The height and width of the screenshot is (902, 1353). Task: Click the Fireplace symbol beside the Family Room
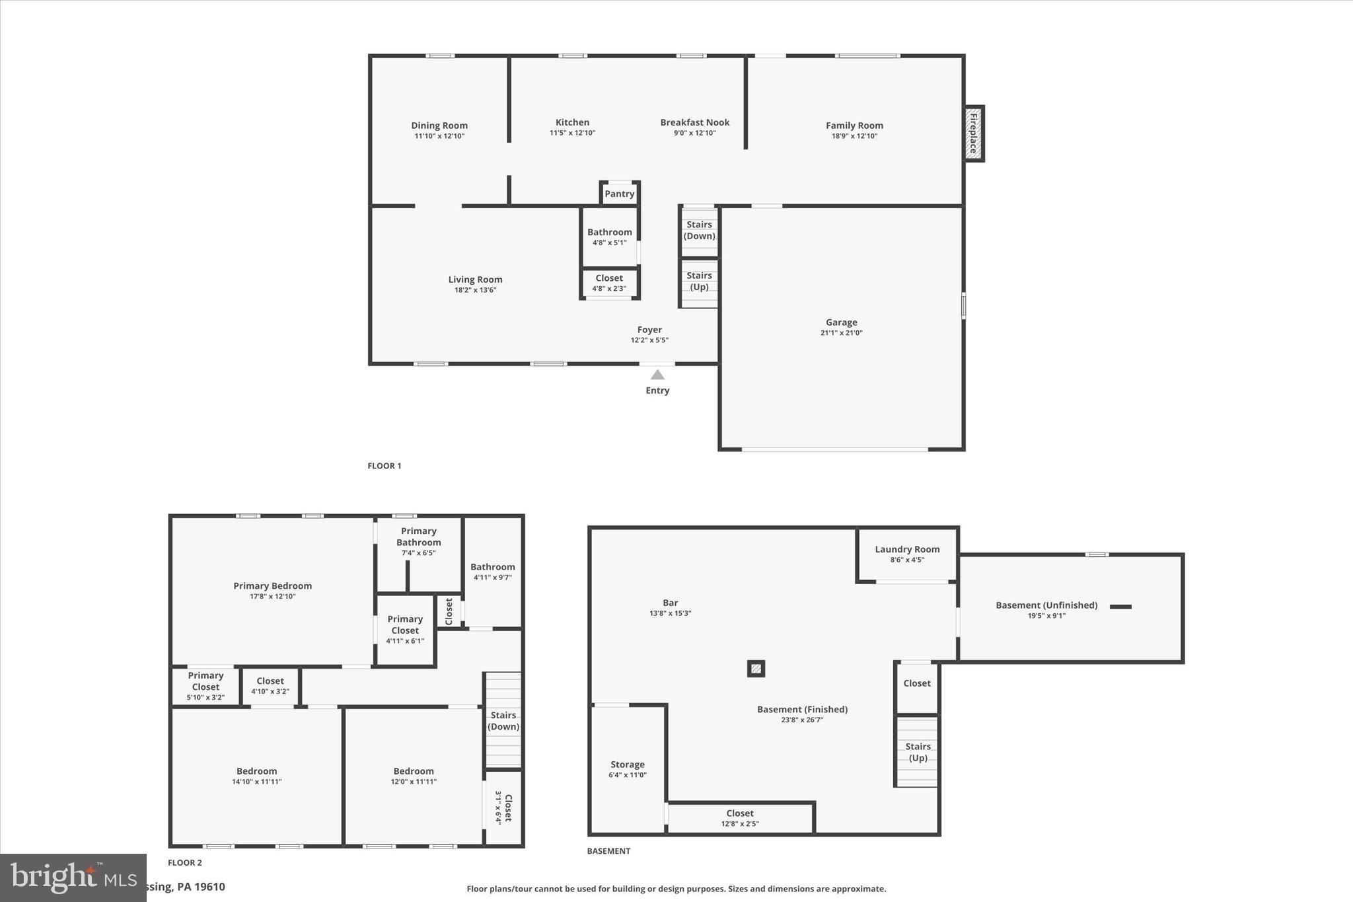(973, 133)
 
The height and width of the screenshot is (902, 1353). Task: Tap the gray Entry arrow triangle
(657, 375)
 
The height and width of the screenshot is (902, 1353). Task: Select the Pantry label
(619, 194)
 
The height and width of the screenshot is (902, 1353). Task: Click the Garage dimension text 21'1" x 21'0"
(841, 333)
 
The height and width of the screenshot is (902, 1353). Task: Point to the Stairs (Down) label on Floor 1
(699, 230)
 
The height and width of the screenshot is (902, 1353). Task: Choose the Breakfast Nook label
(694, 122)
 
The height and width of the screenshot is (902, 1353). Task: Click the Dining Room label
(439, 126)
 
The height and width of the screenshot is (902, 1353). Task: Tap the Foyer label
(649, 330)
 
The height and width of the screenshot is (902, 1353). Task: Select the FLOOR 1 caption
(384, 466)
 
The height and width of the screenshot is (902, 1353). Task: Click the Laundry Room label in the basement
(907, 549)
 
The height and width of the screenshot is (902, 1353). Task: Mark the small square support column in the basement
(756, 669)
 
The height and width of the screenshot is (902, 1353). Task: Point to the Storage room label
(627, 765)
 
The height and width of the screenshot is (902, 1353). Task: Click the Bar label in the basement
(670, 603)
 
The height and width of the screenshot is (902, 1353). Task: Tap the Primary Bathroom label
(418, 537)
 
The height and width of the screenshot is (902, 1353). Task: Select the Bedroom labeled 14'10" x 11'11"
(256, 771)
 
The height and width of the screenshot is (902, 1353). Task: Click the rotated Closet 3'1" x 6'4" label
(504, 808)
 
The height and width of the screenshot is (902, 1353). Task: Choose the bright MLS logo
(73, 877)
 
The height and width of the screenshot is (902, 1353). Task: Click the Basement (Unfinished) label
(1046, 605)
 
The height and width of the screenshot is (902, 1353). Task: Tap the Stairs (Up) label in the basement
(918, 752)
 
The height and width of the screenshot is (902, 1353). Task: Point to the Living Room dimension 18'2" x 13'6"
(475, 290)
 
